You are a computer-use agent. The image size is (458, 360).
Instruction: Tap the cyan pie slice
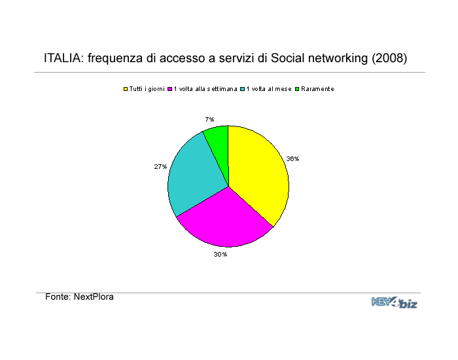(x=193, y=175)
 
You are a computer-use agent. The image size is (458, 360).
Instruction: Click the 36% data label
(x=292, y=158)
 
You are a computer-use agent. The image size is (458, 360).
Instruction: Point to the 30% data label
(x=220, y=255)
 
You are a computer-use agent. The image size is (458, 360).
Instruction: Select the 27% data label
(x=160, y=166)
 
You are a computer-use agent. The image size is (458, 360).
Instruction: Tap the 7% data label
(x=209, y=119)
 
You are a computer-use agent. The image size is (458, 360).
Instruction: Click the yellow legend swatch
(x=126, y=89)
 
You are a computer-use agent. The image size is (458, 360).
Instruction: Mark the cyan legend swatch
(x=243, y=89)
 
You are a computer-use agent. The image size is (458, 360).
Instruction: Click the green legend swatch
(x=297, y=89)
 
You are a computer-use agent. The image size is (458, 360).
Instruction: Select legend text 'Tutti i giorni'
(x=147, y=89)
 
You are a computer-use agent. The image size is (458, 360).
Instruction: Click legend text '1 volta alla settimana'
(x=205, y=89)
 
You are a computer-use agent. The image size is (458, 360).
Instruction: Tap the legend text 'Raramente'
(x=317, y=89)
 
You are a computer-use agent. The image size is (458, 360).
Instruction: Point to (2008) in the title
(x=389, y=58)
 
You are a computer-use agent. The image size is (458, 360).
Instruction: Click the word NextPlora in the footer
(x=94, y=297)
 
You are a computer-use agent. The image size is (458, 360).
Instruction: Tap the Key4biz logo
(x=395, y=302)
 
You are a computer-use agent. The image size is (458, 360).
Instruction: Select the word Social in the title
(x=288, y=58)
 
